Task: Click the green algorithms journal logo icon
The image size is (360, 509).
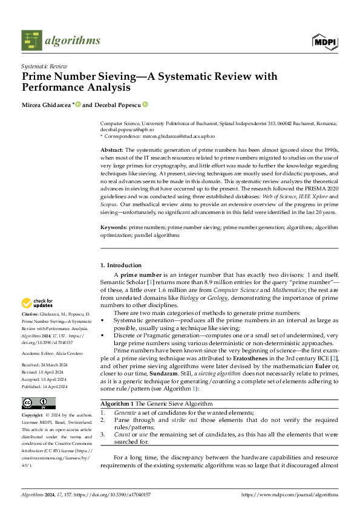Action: [x=32, y=40]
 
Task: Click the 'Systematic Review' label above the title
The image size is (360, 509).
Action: [x=44, y=66]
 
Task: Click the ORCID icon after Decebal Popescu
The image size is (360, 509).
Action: [x=146, y=105]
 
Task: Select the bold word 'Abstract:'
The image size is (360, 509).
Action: [x=112, y=149]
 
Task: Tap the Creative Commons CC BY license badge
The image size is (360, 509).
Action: [x=38, y=403]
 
